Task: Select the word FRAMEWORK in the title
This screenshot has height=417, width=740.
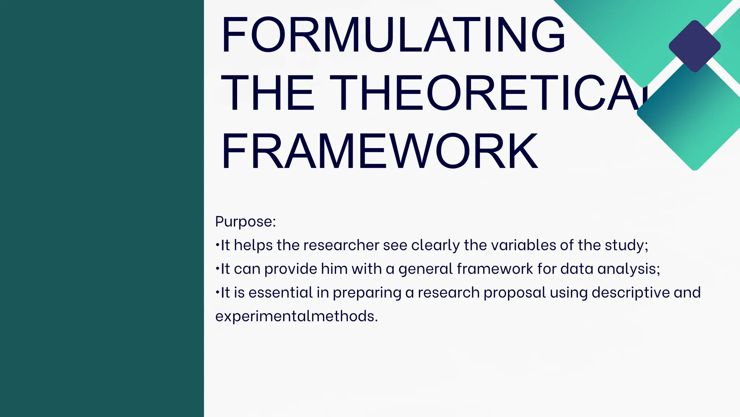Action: click(379, 151)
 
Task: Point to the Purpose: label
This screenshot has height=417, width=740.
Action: click(245, 222)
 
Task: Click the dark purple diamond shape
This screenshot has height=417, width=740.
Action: click(694, 46)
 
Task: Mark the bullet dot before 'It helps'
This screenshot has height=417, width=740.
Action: click(217, 245)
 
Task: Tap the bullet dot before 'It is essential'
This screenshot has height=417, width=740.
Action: click(217, 292)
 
